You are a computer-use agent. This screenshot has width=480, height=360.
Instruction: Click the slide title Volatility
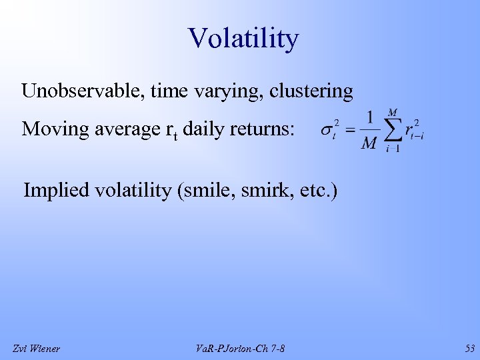[243, 39]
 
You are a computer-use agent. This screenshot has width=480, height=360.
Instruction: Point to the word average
[126, 129]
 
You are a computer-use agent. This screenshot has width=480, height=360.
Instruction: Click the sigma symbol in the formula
[329, 130]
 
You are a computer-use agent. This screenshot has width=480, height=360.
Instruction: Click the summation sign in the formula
[393, 131]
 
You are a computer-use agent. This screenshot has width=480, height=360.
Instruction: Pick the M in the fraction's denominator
[369, 143]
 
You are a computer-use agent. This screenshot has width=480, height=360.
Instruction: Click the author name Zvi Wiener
[37, 348]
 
